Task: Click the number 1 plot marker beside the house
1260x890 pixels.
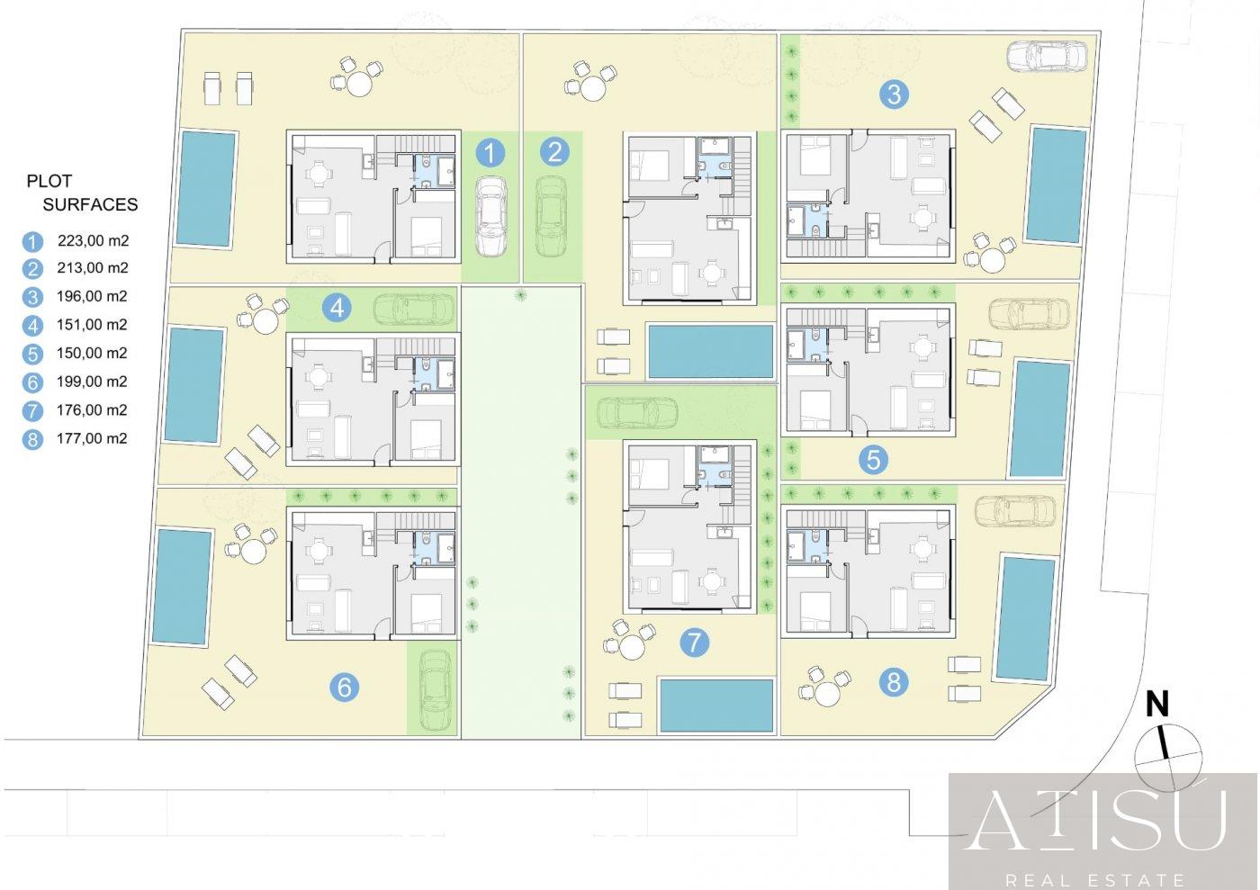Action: click(490, 153)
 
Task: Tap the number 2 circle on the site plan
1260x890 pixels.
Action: click(554, 152)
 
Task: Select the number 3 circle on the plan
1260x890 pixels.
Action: click(894, 94)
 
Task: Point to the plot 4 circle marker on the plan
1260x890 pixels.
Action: click(337, 308)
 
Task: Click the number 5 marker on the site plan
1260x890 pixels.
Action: click(873, 460)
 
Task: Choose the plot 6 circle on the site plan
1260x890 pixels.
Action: click(344, 687)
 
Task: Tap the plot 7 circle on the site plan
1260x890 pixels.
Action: click(694, 643)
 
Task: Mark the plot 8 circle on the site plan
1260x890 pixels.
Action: click(893, 683)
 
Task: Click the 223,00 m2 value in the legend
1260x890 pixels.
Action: click(94, 241)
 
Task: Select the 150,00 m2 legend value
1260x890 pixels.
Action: click(92, 354)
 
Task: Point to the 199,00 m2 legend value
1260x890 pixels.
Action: click(92, 382)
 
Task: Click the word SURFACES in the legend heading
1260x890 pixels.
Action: click(90, 205)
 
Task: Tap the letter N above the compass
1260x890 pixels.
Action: click(1157, 705)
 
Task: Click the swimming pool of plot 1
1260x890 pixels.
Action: click(206, 189)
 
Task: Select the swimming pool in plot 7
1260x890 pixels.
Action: click(716, 706)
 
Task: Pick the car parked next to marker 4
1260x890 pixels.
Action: click(414, 309)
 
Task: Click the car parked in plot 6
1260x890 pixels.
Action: click(436, 688)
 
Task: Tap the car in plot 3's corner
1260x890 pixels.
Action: click(1046, 56)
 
